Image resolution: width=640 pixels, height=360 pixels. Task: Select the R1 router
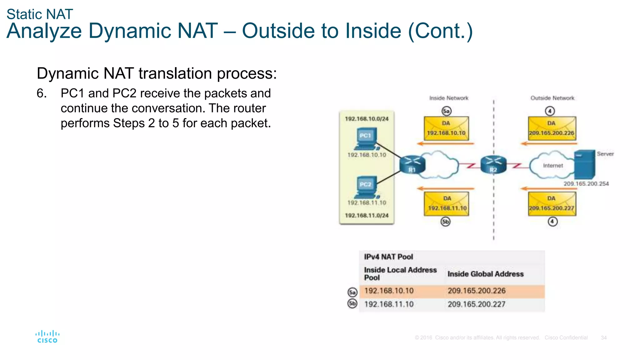(412, 165)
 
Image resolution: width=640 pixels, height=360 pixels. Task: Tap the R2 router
(493, 164)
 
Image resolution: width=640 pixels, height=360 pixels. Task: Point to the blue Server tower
(585, 164)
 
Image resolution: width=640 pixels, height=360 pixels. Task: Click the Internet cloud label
(553, 166)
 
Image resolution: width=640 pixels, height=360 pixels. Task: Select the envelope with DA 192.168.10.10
(446, 128)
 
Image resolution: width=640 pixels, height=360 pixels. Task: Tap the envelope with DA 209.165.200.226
(552, 128)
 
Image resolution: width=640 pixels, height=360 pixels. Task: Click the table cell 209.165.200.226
(477, 291)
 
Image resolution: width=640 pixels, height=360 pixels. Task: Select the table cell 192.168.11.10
(389, 304)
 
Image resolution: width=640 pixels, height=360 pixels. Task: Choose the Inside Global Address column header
(485, 274)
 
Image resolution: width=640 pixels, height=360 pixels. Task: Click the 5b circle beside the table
(352, 303)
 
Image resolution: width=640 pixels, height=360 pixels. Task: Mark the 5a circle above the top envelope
(447, 111)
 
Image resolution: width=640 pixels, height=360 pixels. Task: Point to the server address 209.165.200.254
(586, 184)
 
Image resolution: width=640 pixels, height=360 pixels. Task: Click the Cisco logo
(47, 337)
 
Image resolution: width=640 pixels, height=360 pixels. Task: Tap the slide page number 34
(604, 338)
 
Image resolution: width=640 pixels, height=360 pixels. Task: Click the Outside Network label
(552, 98)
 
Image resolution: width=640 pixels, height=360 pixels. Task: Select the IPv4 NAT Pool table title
(388, 257)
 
